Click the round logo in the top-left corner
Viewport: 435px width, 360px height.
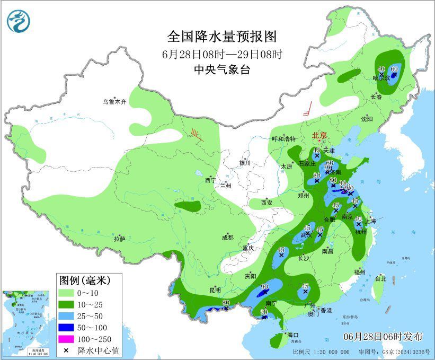[19, 21]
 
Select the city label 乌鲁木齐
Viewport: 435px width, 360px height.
[114, 101]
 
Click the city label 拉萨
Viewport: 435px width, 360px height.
[119, 239]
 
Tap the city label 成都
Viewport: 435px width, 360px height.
[228, 238]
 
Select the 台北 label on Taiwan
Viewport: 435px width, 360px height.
[380, 278]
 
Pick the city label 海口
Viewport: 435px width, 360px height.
[294, 335]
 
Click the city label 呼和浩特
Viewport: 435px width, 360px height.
[282, 139]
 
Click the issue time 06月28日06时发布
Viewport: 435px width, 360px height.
[383, 337]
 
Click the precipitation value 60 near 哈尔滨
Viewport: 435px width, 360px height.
[394, 69]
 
